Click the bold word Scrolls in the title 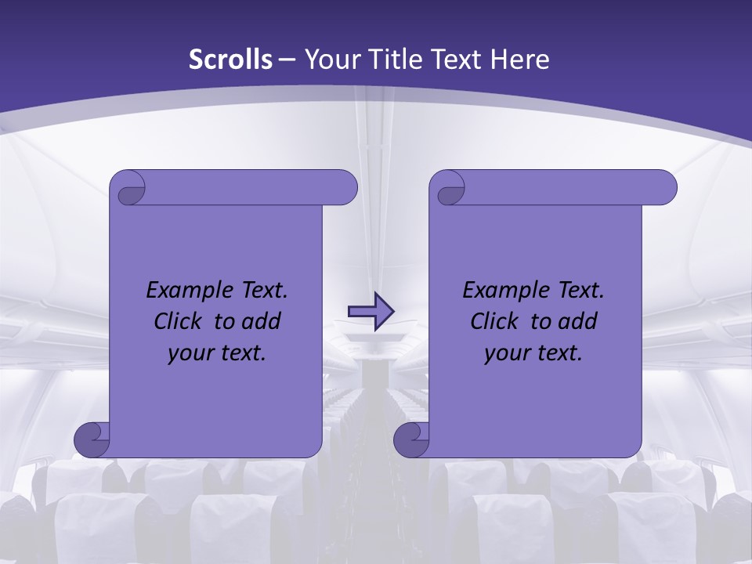pyautogui.click(x=231, y=60)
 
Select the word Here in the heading pyautogui.click(x=519, y=60)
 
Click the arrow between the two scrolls pyautogui.click(x=371, y=310)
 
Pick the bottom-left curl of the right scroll pyautogui.click(x=411, y=439)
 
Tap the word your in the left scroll pyautogui.click(x=190, y=353)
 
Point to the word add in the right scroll pyautogui.click(x=578, y=322)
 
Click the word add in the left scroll pyautogui.click(x=262, y=322)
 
